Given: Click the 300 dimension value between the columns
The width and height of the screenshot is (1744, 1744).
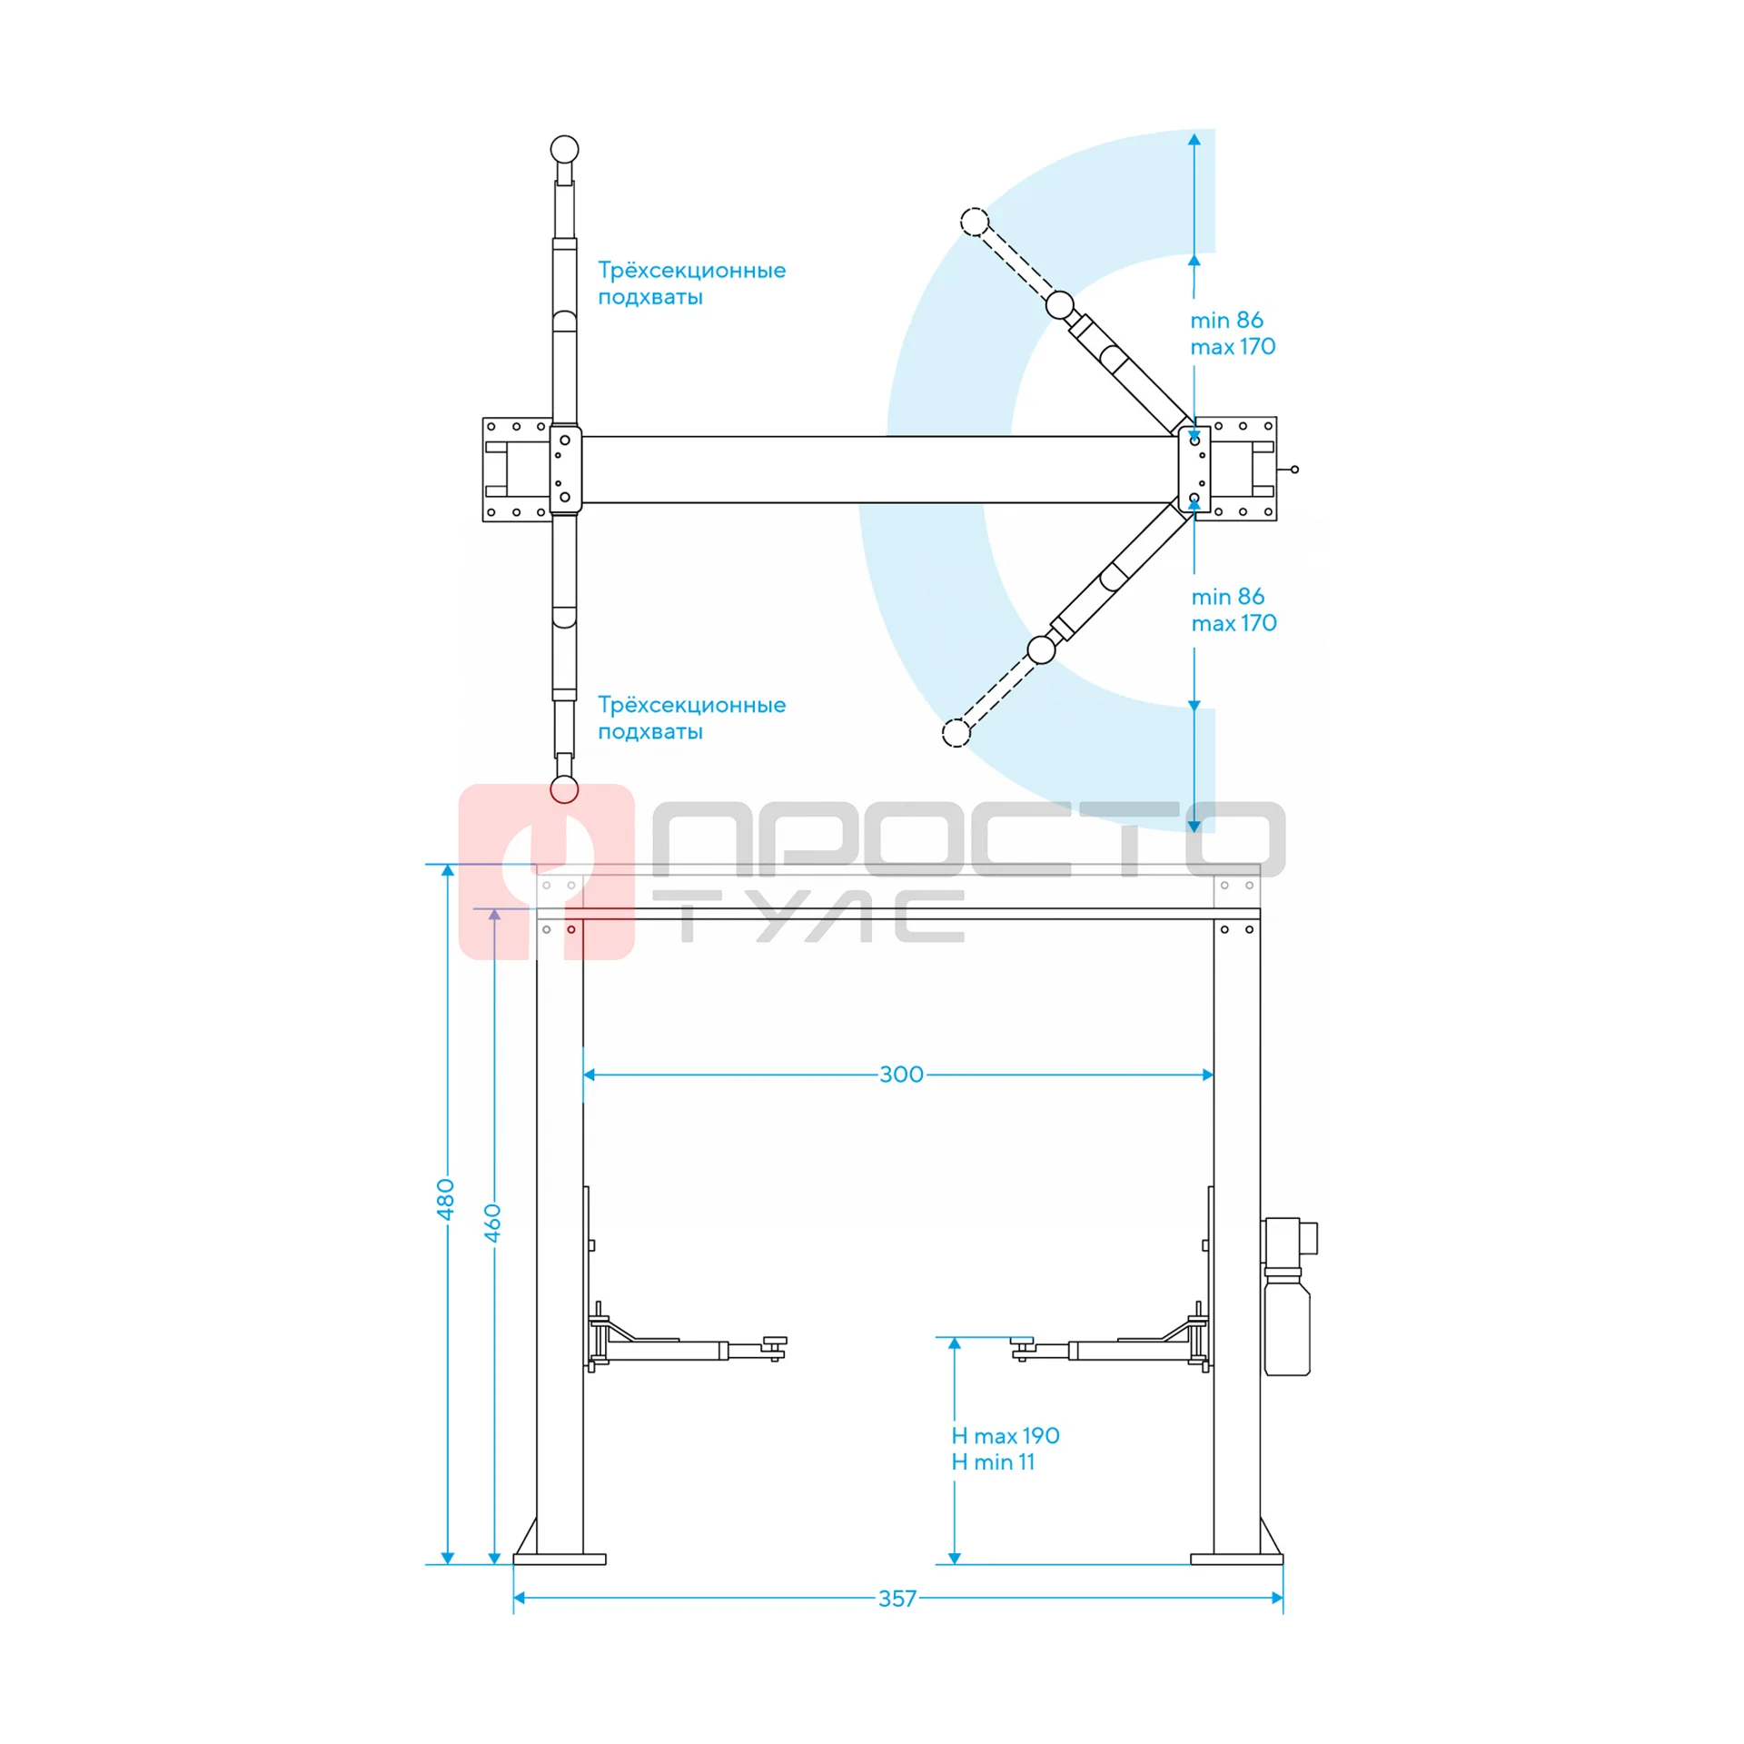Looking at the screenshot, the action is [x=900, y=1075].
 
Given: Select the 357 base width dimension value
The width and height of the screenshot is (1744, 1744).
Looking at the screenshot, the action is [x=897, y=1599].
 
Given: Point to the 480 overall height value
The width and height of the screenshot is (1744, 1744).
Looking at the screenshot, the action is [x=445, y=1199].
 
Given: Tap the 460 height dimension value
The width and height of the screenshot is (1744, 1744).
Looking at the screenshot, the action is [x=492, y=1223].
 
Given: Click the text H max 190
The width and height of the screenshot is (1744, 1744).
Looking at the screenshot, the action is [x=1005, y=1435].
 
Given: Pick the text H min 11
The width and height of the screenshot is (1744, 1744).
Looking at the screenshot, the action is [x=993, y=1462].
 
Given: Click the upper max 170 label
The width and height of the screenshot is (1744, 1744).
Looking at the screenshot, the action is [x=1233, y=347].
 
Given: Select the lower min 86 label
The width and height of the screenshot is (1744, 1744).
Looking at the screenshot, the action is [x=1227, y=597].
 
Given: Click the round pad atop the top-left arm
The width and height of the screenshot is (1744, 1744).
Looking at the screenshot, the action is [x=564, y=149].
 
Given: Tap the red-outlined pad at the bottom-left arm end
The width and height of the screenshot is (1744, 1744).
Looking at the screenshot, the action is [x=564, y=789].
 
